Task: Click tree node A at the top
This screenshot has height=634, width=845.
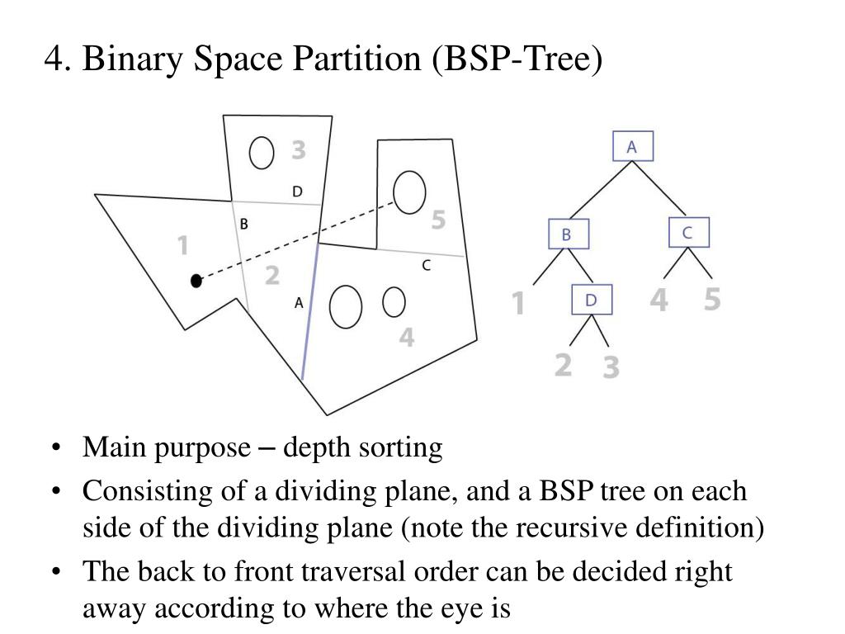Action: click(632, 147)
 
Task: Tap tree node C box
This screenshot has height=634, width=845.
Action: click(688, 234)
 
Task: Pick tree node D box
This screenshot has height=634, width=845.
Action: click(592, 300)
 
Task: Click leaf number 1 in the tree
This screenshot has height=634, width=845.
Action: click(518, 303)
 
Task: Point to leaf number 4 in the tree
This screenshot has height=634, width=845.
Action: click(659, 300)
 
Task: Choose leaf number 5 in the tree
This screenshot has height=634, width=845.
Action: click(712, 300)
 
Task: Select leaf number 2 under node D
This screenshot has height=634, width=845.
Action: click(563, 362)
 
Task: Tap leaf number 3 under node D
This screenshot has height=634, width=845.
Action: click(610, 366)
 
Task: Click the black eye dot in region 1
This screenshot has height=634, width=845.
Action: click(196, 281)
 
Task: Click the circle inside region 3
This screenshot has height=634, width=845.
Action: click(262, 154)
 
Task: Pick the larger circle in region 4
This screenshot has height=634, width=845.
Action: click(346, 306)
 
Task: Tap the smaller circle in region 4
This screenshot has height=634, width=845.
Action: click(394, 302)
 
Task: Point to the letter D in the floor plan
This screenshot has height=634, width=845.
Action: click(297, 192)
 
